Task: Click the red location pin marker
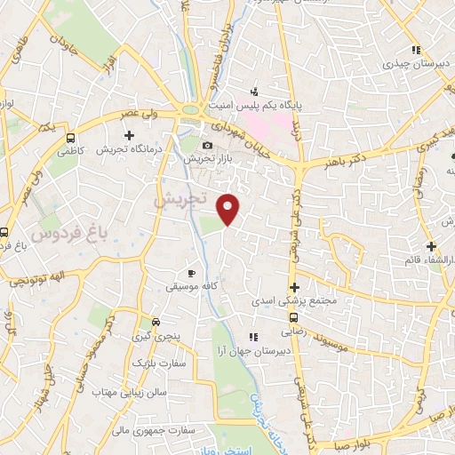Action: tap(229, 208)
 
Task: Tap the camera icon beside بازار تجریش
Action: tap(207, 145)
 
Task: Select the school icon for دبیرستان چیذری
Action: tap(414, 50)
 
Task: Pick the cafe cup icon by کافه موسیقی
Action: tap(191, 273)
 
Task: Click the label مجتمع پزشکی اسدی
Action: tap(298, 302)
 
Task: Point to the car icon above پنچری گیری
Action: tap(156, 321)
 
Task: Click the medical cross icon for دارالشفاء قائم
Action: tap(431, 246)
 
